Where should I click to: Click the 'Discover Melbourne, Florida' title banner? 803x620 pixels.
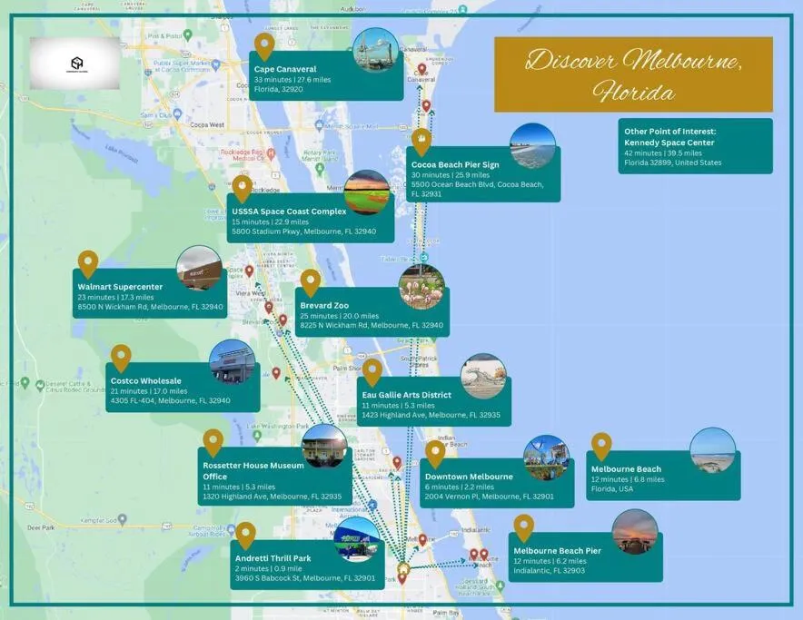tap(633, 74)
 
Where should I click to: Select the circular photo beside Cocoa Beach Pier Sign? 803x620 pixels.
tap(532, 146)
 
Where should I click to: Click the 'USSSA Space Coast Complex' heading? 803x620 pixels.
tap(289, 212)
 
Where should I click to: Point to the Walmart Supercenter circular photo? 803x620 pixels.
tap(199, 269)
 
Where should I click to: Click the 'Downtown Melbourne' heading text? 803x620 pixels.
tap(469, 477)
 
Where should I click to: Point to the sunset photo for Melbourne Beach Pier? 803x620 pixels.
tap(634, 532)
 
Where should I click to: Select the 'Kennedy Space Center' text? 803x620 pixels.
tap(669, 143)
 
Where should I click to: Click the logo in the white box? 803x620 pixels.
tap(76, 64)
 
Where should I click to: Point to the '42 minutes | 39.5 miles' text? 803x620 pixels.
tap(669, 153)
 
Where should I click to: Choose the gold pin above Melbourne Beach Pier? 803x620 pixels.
tap(523, 527)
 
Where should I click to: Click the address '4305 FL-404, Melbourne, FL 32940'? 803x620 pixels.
tap(171, 400)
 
